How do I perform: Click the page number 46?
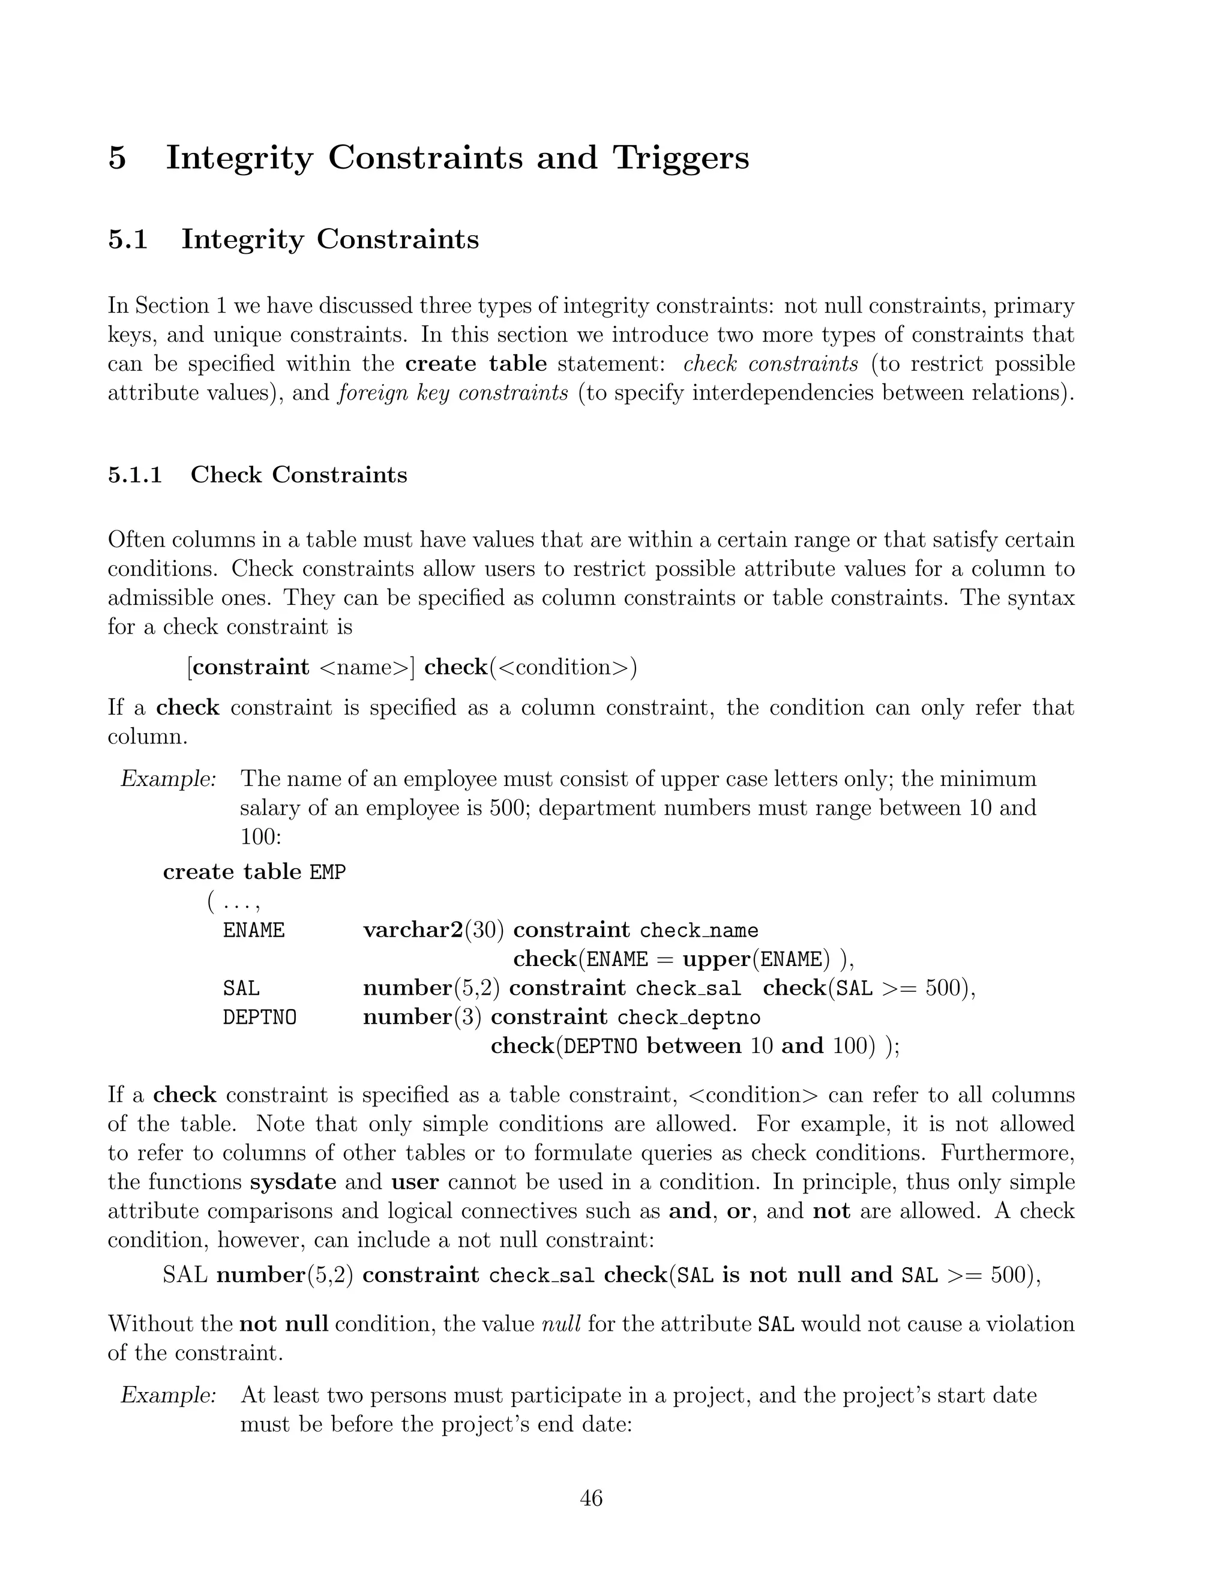click(590, 1498)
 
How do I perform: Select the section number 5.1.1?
click(134, 475)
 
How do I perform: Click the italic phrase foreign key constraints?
click(453, 393)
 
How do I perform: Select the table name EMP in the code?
click(328, 872)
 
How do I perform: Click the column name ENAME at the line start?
click(253, 931)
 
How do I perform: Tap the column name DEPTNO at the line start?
click(259, 1017)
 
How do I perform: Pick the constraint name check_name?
click(699, 931)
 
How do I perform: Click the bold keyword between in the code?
click(693, 1046)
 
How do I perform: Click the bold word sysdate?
click(293, 1181)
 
